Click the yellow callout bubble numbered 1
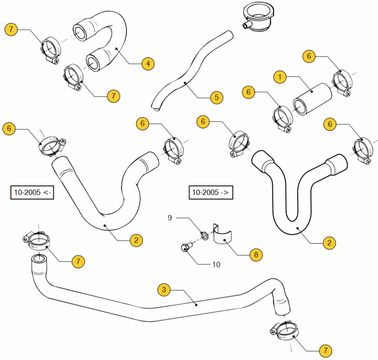point(280,77)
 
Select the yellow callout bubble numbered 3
point(163,289)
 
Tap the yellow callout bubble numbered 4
point(148,63)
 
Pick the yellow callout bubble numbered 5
point(216,97)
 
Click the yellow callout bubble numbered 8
point(256,255)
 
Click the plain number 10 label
point(216,264)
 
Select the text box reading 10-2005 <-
point(32,193)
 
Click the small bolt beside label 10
point(185,247)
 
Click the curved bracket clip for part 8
point(223,234)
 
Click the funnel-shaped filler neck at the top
point(258,18)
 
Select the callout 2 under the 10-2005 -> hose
point(329,243)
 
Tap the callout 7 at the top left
point(11,29)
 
